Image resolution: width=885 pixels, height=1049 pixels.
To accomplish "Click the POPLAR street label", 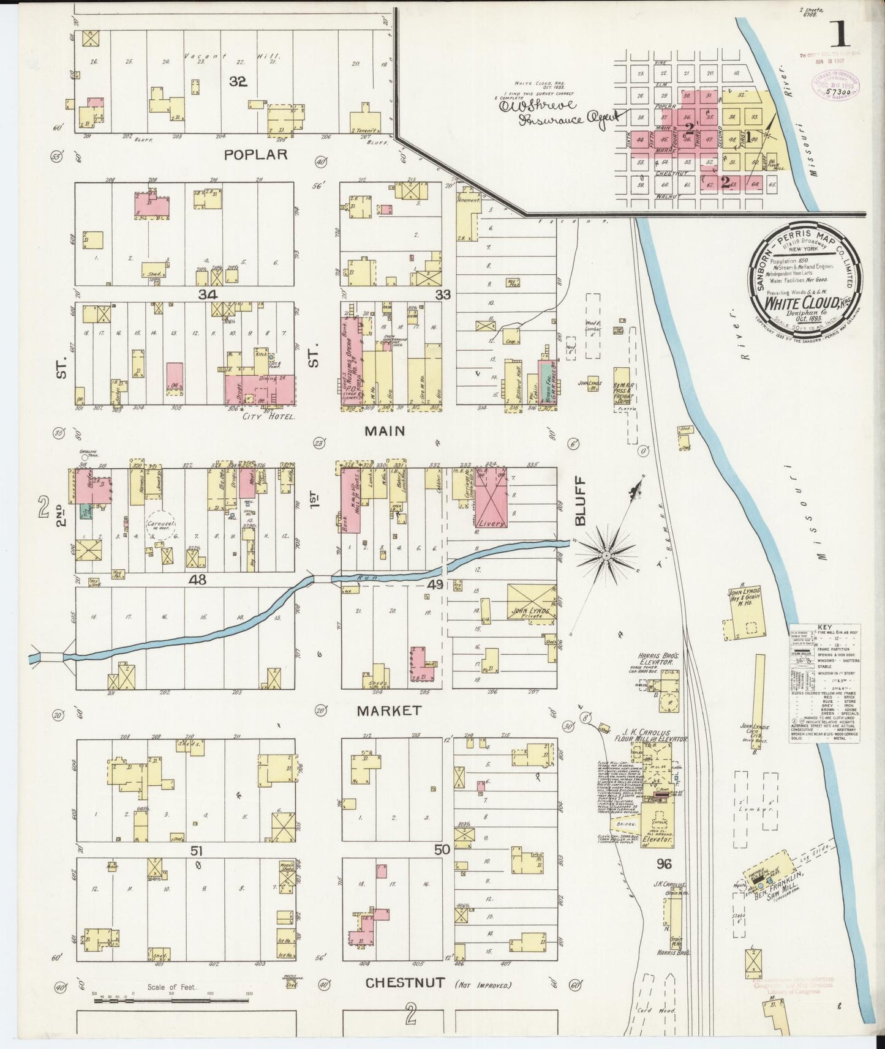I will pos(255,155).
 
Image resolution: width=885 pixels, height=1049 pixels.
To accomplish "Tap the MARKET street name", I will pos(389,711).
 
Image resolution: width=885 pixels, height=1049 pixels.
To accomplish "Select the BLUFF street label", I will pos(580,501).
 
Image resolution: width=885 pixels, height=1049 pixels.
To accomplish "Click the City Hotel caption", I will pos(269,416).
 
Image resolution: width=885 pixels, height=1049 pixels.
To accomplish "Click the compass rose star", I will pos(605,555).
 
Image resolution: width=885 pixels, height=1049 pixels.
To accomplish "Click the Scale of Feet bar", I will pos(171,1001).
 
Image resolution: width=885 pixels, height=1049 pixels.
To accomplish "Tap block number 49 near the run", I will pos(435,585).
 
